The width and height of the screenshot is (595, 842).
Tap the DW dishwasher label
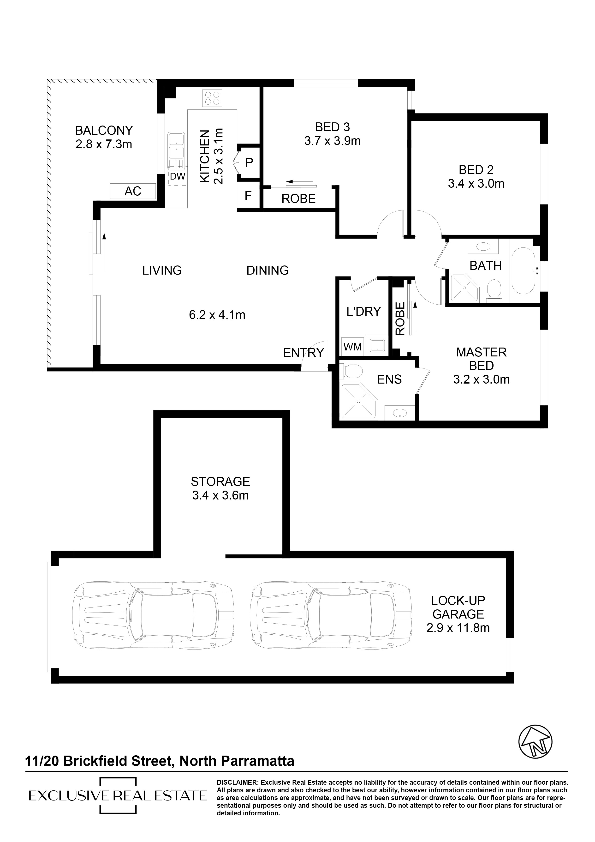coord(178,177)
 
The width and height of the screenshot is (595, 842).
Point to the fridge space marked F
coord(248,196)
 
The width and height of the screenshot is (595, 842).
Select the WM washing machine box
coord(352,347)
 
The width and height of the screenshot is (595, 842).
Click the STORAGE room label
coord(220,481)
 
